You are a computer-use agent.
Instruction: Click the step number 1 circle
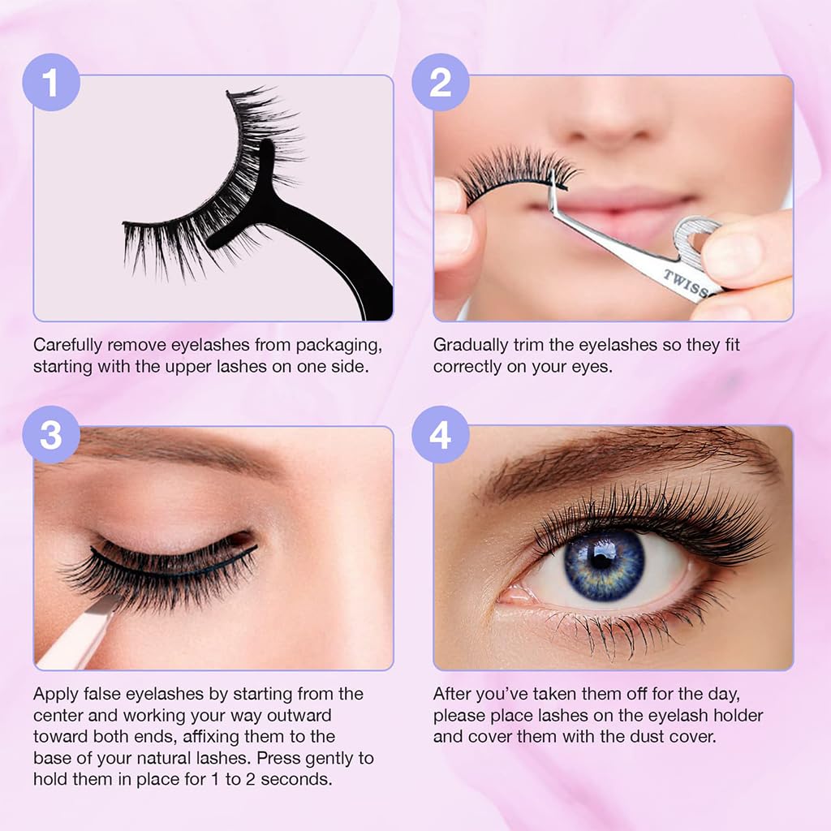[50, 82]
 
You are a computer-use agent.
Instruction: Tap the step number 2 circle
[440, 82]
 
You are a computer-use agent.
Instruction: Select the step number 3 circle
[50, 435]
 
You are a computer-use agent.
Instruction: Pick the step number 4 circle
[440, 435]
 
